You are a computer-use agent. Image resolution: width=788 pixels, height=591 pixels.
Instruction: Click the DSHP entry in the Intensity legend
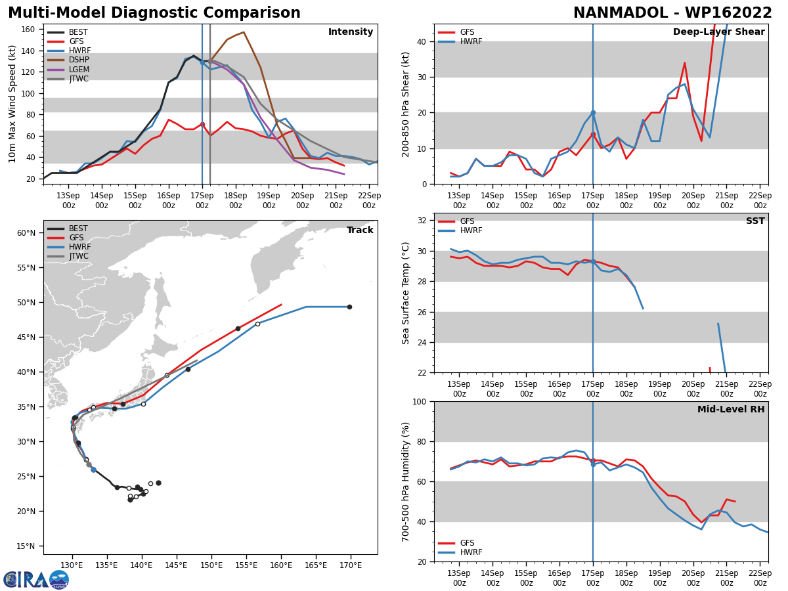click(78, 60)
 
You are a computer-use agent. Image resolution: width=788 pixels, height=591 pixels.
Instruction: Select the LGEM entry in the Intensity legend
click(78, 70)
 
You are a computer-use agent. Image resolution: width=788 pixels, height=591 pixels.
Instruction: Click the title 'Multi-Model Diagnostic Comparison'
click(154, 13)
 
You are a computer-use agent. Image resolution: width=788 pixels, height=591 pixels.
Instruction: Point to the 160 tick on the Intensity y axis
click(29, 30)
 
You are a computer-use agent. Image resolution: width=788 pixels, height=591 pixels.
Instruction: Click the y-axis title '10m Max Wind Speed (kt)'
click(12, 104)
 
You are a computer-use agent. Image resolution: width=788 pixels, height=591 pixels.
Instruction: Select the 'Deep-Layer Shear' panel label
click(718, 32)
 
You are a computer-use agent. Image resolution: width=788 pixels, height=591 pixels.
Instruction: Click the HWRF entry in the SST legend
click(471, 231)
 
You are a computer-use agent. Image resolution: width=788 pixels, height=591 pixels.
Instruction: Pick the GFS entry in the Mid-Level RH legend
click(467, 543)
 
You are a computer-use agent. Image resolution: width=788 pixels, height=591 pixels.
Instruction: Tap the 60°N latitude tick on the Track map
click(26, 233)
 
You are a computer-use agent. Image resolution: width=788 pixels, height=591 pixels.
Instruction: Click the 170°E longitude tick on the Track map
click(351, 565)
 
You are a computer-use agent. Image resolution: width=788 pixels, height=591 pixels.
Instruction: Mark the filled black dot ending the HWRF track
click(349, 307)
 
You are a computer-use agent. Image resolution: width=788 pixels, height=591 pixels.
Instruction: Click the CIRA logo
click(36, 579)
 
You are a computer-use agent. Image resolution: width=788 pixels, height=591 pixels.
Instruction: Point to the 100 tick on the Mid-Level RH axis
click(418, 402)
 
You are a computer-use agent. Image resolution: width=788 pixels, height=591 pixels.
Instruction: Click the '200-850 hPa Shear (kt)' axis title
click(406, 104)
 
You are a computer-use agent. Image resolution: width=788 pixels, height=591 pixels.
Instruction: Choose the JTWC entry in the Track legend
click(78, 256)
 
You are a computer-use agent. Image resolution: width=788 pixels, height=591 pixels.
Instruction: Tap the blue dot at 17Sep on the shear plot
click(593, 113)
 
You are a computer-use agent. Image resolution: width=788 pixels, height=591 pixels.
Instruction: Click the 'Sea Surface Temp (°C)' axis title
click(406, 293)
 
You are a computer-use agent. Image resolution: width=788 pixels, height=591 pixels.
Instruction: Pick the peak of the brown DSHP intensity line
click(244, 32)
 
